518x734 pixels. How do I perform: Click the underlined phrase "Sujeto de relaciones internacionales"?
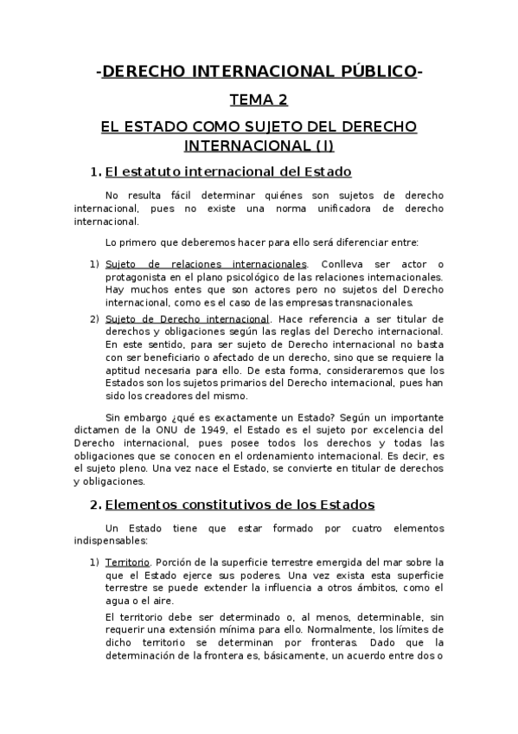click(206, 263)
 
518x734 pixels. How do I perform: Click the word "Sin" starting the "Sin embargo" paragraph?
click(113, 415)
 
